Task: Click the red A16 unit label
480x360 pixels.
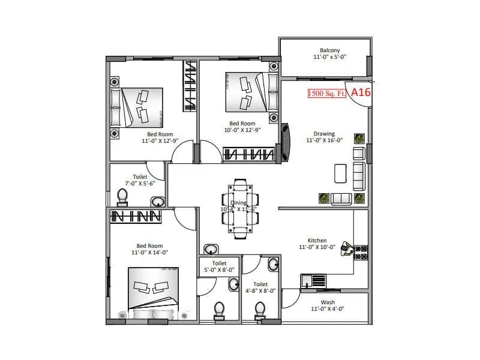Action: pos(361,92)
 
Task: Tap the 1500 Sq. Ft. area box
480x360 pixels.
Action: pos(327,94)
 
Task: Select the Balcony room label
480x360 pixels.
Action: pos(329,50)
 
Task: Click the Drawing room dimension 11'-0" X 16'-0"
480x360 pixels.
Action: pos(324,140)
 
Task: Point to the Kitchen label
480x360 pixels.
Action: pos(317,240)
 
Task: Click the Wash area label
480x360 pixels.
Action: pos(328,302)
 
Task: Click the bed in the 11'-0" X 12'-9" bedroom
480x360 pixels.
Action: pos(137,107)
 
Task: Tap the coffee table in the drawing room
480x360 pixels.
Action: pos(340,173)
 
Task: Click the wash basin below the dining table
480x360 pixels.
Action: pos(211,248)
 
